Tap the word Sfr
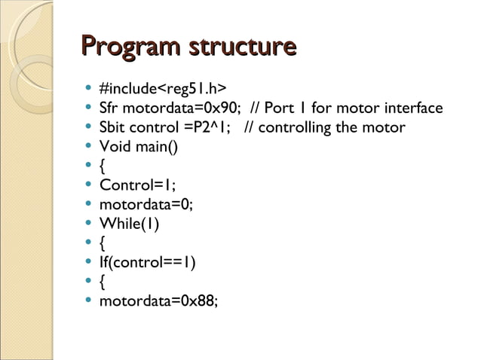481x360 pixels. [109, 108]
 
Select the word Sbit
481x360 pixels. [112, 127]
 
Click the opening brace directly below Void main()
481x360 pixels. [103, 166]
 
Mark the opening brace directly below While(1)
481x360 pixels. [103, 243]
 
